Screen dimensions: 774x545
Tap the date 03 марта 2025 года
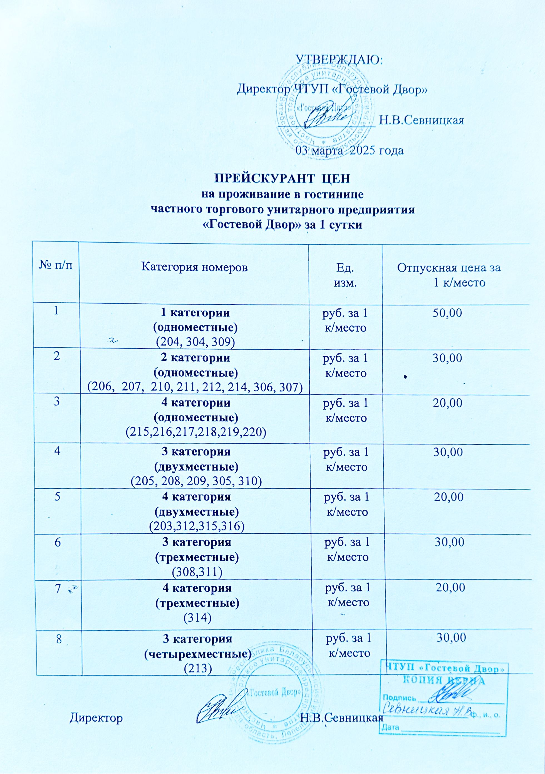tap(350, 150)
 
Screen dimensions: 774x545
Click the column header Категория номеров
tap(194, 268)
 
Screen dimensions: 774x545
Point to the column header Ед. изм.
tap(345, 275)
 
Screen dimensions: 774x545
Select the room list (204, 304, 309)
tap(195, 342)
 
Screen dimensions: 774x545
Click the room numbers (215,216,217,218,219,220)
tap(196, 432)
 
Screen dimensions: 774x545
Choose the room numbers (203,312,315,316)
tap(197, 526)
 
